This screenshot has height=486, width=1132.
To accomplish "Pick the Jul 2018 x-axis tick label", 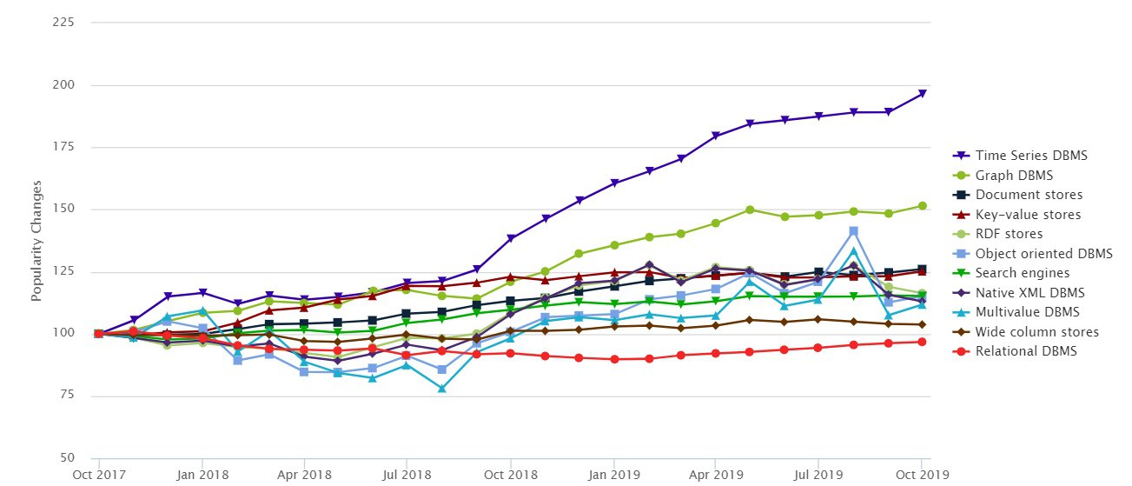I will [x=407, y=476].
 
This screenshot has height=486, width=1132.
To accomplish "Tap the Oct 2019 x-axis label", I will [x=920, y=476].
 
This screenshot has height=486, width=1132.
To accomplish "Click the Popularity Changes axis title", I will [x=36, y=241].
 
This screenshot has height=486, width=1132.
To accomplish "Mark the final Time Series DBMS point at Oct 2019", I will [x=923, y=93].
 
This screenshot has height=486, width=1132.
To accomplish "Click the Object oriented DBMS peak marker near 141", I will [x=854, y=231].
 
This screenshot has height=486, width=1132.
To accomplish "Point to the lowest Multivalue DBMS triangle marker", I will [x=441, y=389].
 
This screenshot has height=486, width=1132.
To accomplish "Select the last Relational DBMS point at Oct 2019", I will [x=923, y=342].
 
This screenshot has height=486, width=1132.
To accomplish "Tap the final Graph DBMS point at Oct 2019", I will [x=923, y=206].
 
